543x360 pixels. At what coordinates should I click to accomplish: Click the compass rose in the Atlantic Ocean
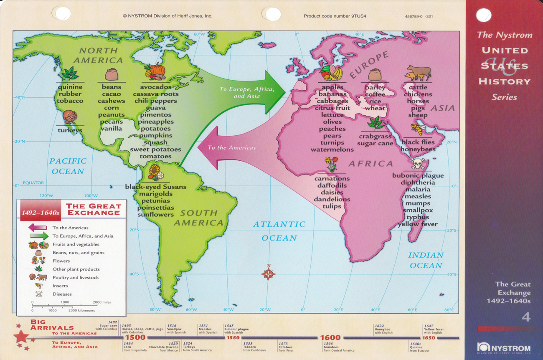(x=268, y=274)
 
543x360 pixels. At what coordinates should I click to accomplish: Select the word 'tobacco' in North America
(x=70, y=101)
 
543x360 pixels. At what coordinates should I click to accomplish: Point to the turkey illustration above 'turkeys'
(x=70, y=117)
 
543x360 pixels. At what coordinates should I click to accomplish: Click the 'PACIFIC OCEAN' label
(x=68, y=166)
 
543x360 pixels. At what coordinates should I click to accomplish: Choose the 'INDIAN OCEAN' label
(x=425, y=260)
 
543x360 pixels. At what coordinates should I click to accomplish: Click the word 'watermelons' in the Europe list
(x=332, y=150)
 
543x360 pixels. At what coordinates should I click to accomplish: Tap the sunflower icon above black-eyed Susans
(x=155, y=172)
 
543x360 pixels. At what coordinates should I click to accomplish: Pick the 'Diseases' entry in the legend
(x=62, y=294)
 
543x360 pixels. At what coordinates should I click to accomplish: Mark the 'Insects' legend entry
(x=60, y=286)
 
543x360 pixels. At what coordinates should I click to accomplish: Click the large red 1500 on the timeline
(x=135, y=337)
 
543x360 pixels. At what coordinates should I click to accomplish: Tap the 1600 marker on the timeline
(x=330, y=337)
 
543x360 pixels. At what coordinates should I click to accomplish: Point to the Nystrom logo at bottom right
(x=504, y=348)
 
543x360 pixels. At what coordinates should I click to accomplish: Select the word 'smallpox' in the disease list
(x=418, y=210)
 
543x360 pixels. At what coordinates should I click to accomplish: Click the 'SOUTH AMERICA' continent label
(x=198, y=218)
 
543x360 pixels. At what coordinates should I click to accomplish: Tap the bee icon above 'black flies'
(x=417, y=129)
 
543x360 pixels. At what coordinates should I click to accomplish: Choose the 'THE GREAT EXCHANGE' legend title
(x=94, y=209)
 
